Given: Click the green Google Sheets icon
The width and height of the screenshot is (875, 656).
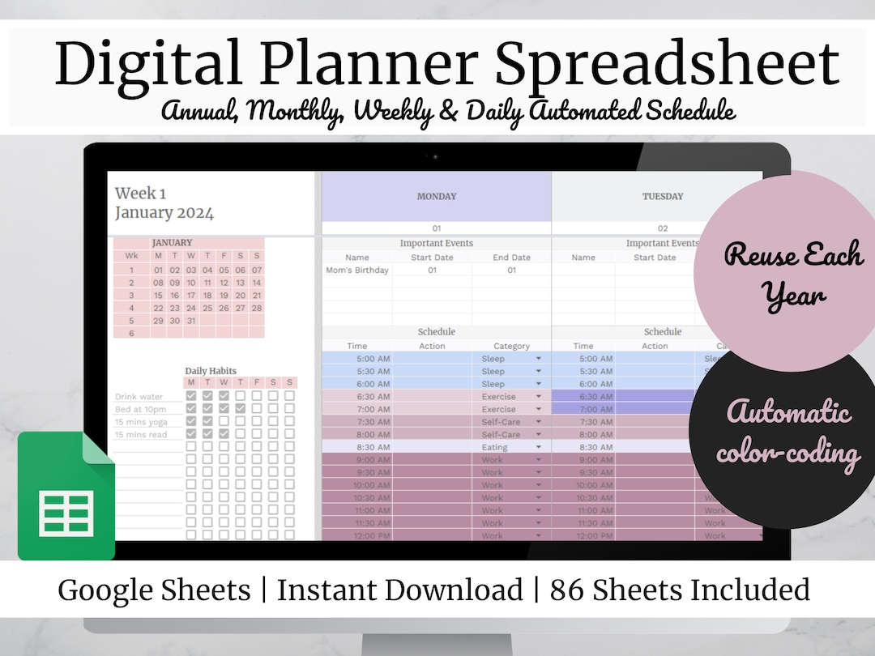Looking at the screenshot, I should click(66, 496).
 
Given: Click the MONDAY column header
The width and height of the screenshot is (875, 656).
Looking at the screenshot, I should click(436, 196).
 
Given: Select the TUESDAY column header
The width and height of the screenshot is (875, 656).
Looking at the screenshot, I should click(662, 196).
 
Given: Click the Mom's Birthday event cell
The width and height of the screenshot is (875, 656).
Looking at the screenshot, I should click(357, 270).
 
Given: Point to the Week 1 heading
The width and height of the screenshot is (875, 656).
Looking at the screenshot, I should click(140, 193).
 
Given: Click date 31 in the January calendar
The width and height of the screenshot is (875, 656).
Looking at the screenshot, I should click(191, 321).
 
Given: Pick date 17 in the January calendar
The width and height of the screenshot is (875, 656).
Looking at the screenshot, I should click(191, 296).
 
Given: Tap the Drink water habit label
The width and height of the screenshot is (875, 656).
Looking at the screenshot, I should click(139, 397).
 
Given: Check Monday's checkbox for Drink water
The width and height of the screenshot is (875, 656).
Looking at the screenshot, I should click(191, 396).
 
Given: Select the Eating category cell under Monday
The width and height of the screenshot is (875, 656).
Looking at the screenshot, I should click(494, 447).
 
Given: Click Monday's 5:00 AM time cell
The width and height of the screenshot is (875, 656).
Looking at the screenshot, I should click(373, 359).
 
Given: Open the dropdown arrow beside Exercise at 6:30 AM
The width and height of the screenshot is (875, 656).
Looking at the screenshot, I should click(538, 397).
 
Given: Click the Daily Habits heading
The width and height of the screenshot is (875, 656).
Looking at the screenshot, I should click(211, 371).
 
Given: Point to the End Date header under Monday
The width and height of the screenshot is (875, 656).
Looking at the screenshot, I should click(511, 258).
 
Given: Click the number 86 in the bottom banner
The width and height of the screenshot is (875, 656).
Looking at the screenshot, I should click(567, 590).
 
